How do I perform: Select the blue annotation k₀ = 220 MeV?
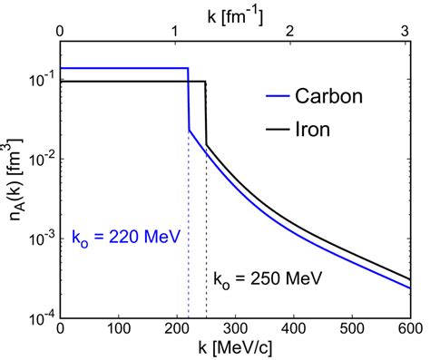[x=125, y=237]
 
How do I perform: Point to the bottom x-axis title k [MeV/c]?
[x=236, y=350]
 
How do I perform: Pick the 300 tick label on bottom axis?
[x=236, y=329]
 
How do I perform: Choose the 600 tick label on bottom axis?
[x=410, y=329]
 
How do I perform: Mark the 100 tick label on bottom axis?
[x=119, y=329]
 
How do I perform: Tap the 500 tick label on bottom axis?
[x=352, y=329]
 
